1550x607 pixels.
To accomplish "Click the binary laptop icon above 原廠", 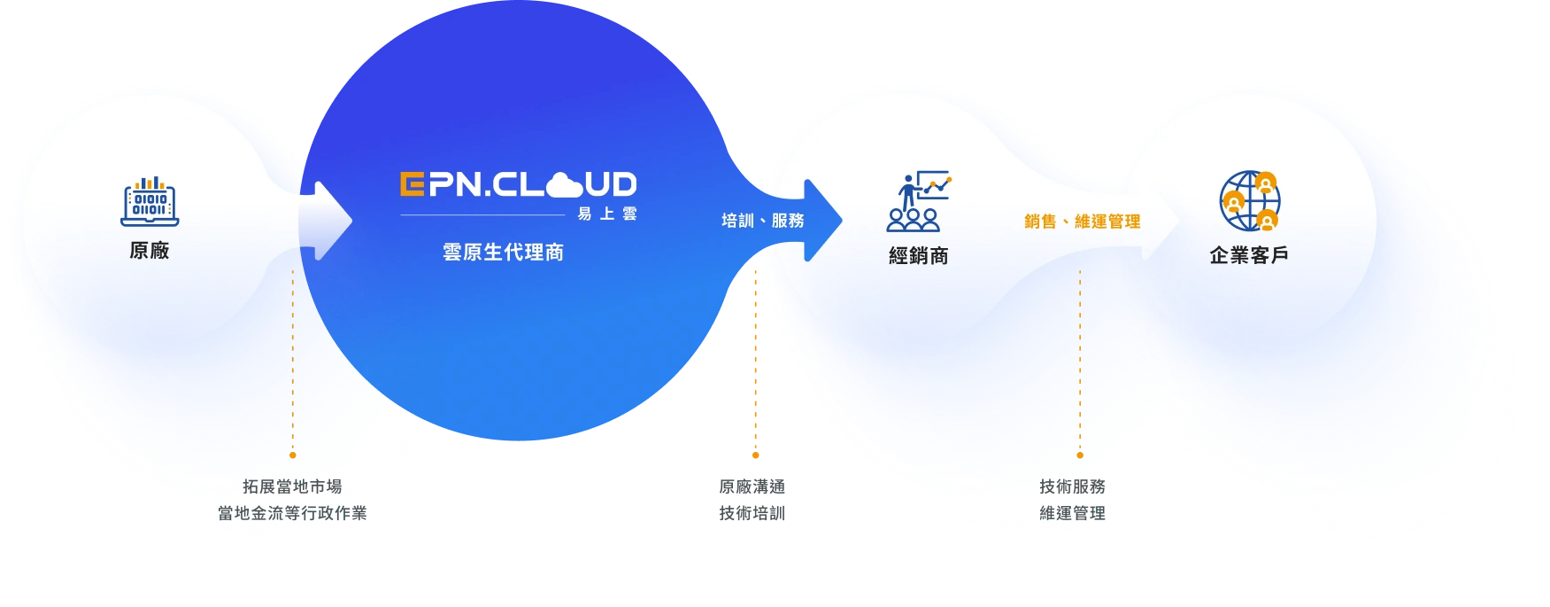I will click(x=150, y=201).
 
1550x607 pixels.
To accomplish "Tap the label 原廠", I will click(x=150, y=251).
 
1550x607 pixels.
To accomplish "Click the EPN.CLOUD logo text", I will click(x=518, y=184).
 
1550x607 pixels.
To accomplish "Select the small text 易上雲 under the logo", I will click(x=606, y=214).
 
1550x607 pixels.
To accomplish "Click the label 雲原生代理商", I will click(x=503, y=253).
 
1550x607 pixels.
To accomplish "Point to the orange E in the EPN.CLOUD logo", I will click(x=411, y=184).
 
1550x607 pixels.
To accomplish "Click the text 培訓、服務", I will click(x=762, y=221).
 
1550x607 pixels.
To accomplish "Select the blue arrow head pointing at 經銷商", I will click(x=822, y=221).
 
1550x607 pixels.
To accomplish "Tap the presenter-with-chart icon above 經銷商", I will click(x=918, y=200).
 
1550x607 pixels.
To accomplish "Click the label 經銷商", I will click(x=918, y=256).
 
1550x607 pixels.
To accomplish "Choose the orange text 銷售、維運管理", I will click(x=1082, y=222).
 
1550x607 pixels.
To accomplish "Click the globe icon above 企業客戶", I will click(x=1249, y=200).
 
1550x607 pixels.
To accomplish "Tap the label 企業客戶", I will click(x=1249, y=256).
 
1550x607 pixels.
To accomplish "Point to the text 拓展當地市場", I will click(x=292, y=486).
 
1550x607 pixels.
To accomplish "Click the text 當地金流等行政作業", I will click(x=292, y=513).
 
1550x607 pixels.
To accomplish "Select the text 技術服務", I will click(x=1072, y=486).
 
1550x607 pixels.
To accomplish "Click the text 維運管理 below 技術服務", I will click(x=1072, y=513).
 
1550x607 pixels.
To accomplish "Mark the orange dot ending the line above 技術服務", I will click(x=1080, y=455).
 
